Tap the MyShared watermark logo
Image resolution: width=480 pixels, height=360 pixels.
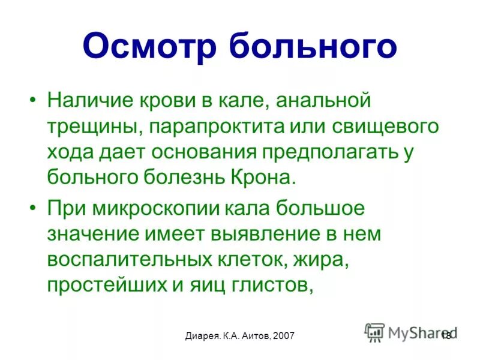(x=410, y=332)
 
